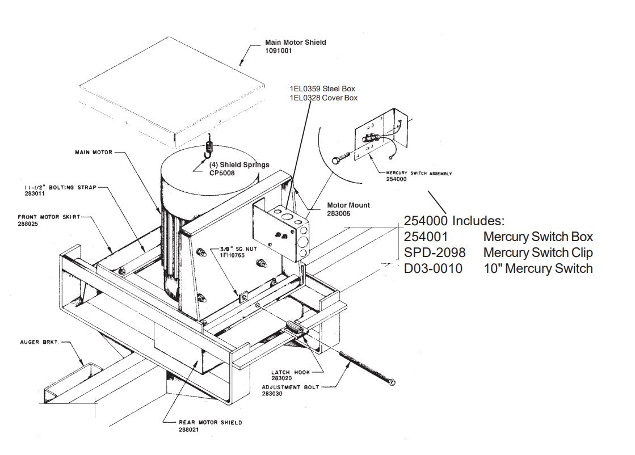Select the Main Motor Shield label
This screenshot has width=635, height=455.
(296, 43)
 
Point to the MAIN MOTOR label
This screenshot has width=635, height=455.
(94, 152)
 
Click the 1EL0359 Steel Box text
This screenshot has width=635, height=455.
(322, 89)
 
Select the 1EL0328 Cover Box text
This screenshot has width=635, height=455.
(323, 98)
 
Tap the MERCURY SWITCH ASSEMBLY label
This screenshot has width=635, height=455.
(418, 173)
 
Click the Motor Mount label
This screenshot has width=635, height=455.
(348, 205)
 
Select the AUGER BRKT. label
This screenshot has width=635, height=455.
(39, 343)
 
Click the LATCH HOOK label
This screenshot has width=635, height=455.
(290, 372)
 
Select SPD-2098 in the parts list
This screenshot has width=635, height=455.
(434, 252)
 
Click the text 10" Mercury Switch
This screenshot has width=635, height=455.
(537, 268)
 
